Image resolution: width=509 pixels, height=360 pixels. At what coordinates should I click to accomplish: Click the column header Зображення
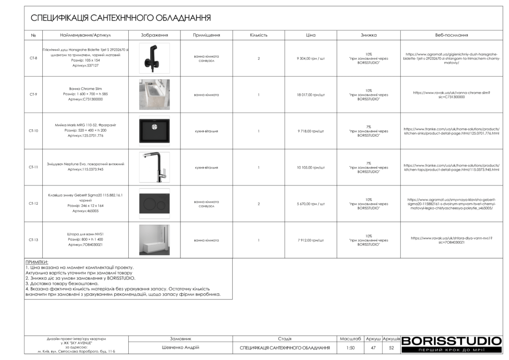tap(154, 35)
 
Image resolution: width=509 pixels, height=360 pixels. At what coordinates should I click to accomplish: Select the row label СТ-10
tap(33, 131)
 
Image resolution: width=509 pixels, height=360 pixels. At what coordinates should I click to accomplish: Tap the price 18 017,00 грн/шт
tap(311, 94)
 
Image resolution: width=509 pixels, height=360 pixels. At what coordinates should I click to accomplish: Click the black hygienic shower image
tap(154, 58)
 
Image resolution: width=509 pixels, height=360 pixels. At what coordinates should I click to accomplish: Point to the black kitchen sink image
tap(154, 131)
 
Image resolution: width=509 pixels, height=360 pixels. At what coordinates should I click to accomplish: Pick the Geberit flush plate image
tap(154, 204)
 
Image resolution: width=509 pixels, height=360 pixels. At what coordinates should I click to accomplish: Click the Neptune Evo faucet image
tap(154, 167)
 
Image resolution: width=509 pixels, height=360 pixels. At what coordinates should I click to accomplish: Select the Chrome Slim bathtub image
tap(154, 94)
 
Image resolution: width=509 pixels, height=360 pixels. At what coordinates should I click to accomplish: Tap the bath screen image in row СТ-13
tap(154, 240)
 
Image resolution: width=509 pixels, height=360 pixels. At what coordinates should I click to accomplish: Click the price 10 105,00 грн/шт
tap(311, 168)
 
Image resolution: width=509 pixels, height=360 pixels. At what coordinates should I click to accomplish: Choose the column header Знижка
tap(368, 35)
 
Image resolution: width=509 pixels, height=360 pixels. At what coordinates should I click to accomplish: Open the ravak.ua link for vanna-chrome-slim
tap(451, 94)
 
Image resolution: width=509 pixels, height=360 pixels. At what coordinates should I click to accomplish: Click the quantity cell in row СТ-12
tap(258, 204)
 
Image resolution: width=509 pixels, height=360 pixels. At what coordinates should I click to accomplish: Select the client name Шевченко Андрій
tap(180, 348)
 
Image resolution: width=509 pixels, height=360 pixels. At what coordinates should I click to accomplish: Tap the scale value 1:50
tap(350, 348)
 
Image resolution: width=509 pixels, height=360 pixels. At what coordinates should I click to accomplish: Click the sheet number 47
tap(373, 348)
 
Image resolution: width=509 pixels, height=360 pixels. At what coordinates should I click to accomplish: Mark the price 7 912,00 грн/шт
tap(311, 240)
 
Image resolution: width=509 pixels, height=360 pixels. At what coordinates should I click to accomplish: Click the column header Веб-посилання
tap(451, 35)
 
